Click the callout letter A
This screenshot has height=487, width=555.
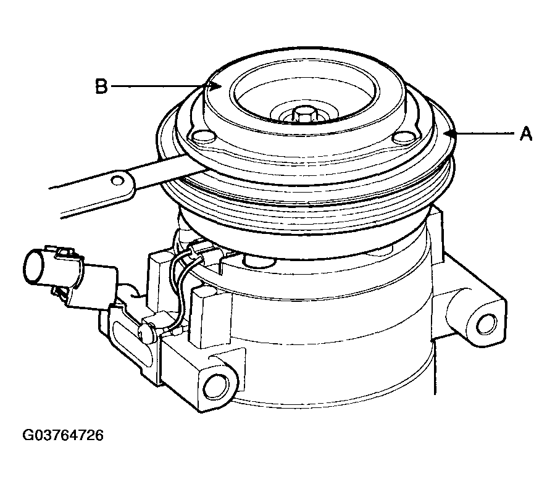click(x=526, y=134)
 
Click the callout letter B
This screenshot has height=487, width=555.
click(x=101, y=86)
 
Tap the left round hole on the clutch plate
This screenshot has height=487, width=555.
click(x=203, y=136)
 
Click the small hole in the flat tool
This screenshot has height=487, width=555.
click(x=116, y=180)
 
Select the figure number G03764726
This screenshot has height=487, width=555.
click(x=63, y=435)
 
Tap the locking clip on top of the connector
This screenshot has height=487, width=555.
click(x=65, y=252)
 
